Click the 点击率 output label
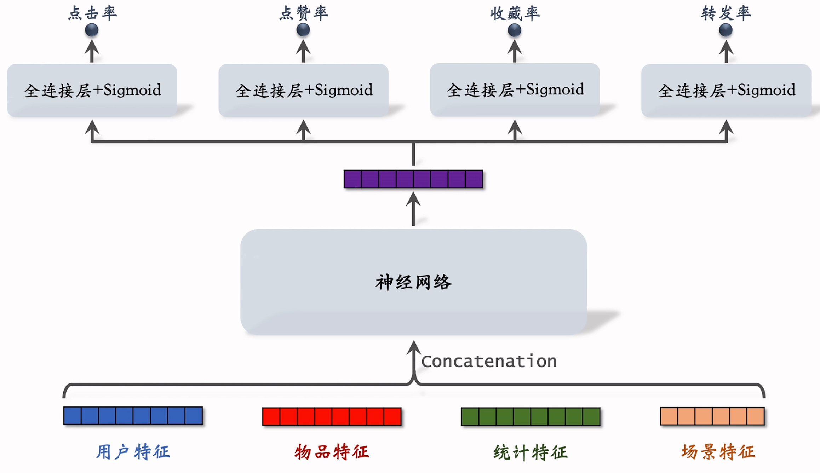[92, 13]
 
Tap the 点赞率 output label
[304, 13]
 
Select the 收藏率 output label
[515, 13]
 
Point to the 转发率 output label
[726, 13]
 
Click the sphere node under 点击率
[92, 30]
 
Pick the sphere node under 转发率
[726, 30]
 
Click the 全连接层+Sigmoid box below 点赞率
[303, 90]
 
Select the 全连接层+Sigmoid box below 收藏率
[515, 90]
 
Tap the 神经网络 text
[413, 282]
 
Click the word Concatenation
[489, 361]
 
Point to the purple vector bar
[413, 179]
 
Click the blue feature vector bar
[133, 416]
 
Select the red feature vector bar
[332, 416]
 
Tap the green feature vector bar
[531, 416]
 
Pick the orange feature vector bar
[712, 416]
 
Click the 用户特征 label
[133, 452]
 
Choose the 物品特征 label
[332, 452]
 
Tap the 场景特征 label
[718, 452]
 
